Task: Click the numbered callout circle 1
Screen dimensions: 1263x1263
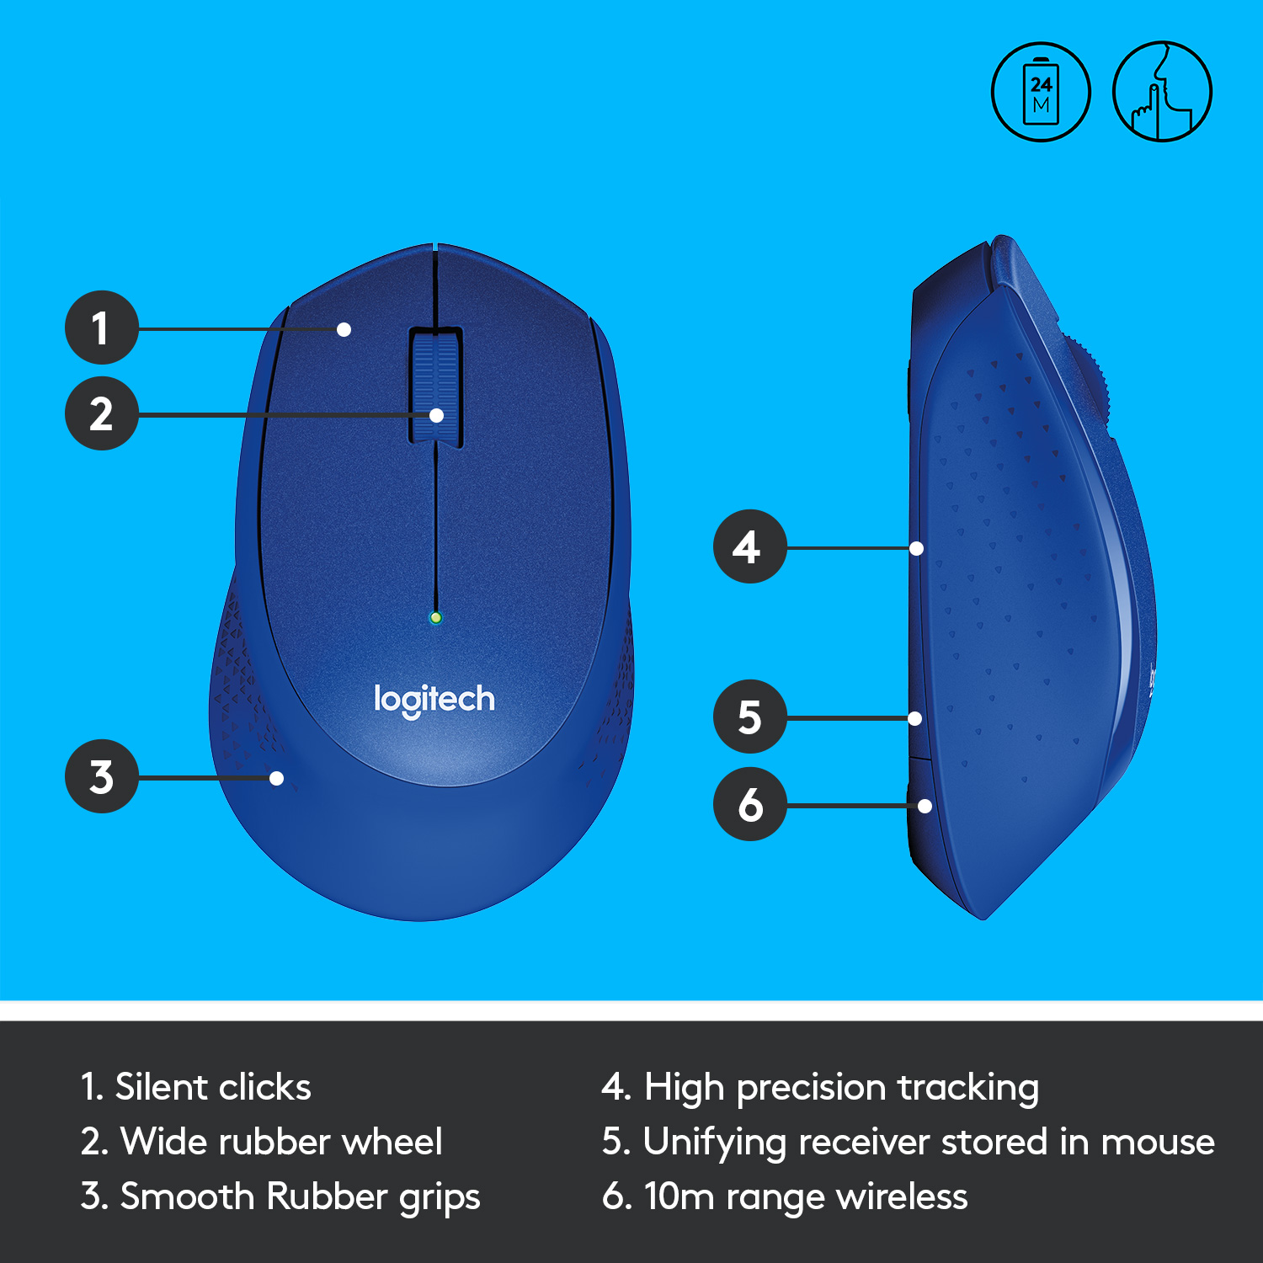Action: coord(101,328)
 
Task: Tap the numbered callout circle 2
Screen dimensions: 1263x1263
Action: coord(101,413)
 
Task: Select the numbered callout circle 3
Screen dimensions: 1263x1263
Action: coord(101,776)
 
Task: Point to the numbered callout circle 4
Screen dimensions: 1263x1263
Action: coord(749,546)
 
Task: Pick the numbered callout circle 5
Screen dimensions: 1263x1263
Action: coord(749,717)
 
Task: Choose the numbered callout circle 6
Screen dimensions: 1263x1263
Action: coord(749,804)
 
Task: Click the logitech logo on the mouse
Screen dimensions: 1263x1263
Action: coord(434,699)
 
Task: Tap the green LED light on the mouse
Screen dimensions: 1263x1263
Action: coord(435,617)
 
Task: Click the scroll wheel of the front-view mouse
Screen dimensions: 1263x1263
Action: coord(435,386)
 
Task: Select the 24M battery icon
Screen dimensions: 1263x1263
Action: coord(1041,92)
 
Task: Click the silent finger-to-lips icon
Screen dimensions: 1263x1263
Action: coord(1162,92)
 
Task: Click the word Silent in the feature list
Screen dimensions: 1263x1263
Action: coord(162,1087)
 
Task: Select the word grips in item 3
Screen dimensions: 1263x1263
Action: coord(440,1197)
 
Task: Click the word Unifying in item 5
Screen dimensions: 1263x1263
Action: coord(715,1143)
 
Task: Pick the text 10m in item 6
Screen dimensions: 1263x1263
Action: coord(679,1196)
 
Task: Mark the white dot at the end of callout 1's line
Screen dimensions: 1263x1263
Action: coord(344,329)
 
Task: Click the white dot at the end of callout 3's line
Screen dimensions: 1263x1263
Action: coord(276,778)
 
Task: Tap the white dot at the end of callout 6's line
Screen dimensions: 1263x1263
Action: coord(925,806)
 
